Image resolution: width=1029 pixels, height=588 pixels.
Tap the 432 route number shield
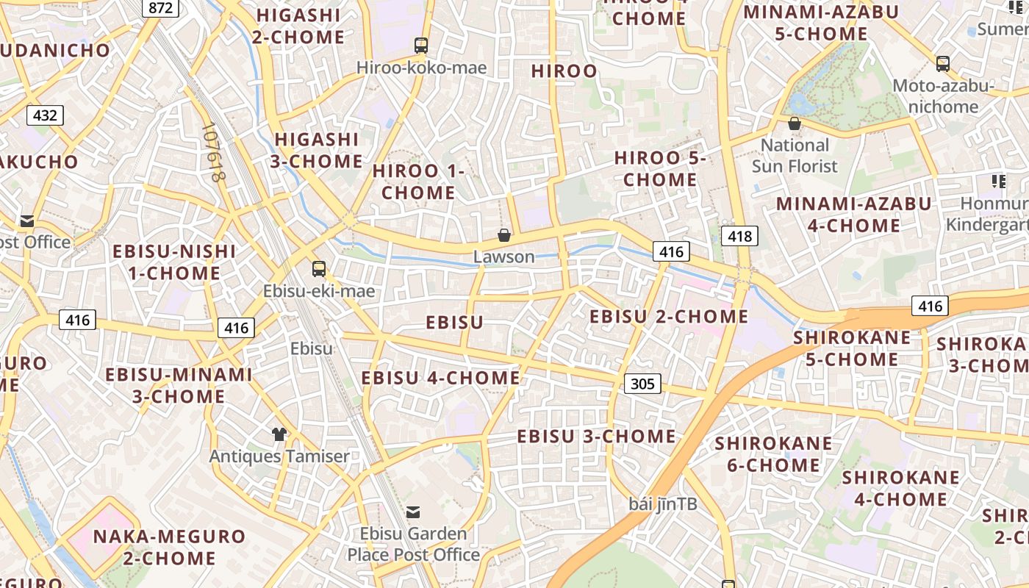tap(45, 115)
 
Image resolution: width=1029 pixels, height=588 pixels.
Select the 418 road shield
tap(739, 236)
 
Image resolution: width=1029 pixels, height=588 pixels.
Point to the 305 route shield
tap(642, 383)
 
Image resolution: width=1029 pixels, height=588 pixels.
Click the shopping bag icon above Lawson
tap(504, 235)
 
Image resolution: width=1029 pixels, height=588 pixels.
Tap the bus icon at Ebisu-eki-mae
tap(319, 269)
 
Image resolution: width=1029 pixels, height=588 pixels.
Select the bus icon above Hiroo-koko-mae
tap(421, 46)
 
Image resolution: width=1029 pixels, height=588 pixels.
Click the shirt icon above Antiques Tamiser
tap(279, 434)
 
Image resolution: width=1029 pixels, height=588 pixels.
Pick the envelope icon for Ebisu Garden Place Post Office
tap(413, 512)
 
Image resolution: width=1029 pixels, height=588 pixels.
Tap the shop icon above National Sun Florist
tap(794, 123)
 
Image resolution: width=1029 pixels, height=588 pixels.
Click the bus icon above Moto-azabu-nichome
tap(943, 64)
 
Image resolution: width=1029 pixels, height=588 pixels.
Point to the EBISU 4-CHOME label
tap(440, 378)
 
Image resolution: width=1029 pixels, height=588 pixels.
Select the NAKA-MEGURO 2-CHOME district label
tap(169, 547)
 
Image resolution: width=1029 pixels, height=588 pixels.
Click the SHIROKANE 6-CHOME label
tap(773, 454)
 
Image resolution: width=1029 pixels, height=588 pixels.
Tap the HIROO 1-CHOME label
tap(418, 182)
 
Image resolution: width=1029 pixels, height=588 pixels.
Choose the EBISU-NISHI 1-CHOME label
tap(174, 262)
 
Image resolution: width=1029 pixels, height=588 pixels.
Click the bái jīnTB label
tap(663, 504)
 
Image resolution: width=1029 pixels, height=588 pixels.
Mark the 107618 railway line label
tap(213, 153)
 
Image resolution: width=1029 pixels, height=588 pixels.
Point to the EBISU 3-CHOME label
tap(596, 436)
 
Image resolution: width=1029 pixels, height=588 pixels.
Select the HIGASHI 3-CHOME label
tap(317, 150)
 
